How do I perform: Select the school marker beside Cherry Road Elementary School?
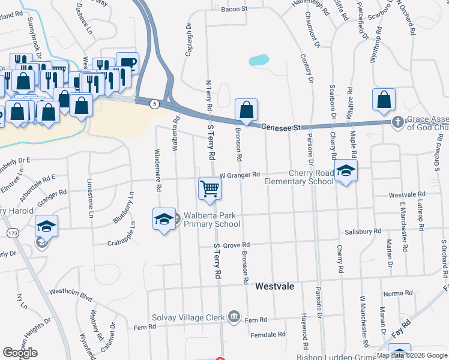point(346,171)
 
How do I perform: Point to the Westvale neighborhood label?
point(274,286)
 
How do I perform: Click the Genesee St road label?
point(280,127)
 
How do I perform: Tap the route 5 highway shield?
point(155,104)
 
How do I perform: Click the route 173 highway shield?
point(11,232)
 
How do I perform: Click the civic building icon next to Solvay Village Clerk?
point(234,316)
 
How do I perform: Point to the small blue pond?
point(258,60)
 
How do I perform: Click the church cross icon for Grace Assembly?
point(397,122)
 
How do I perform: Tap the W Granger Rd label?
point(240,175)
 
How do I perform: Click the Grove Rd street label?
point(236,245)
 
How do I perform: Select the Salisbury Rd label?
point(363,231)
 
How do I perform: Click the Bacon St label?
point(234,9)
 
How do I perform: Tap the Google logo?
point(20,353)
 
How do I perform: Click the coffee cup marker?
point(127,62)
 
